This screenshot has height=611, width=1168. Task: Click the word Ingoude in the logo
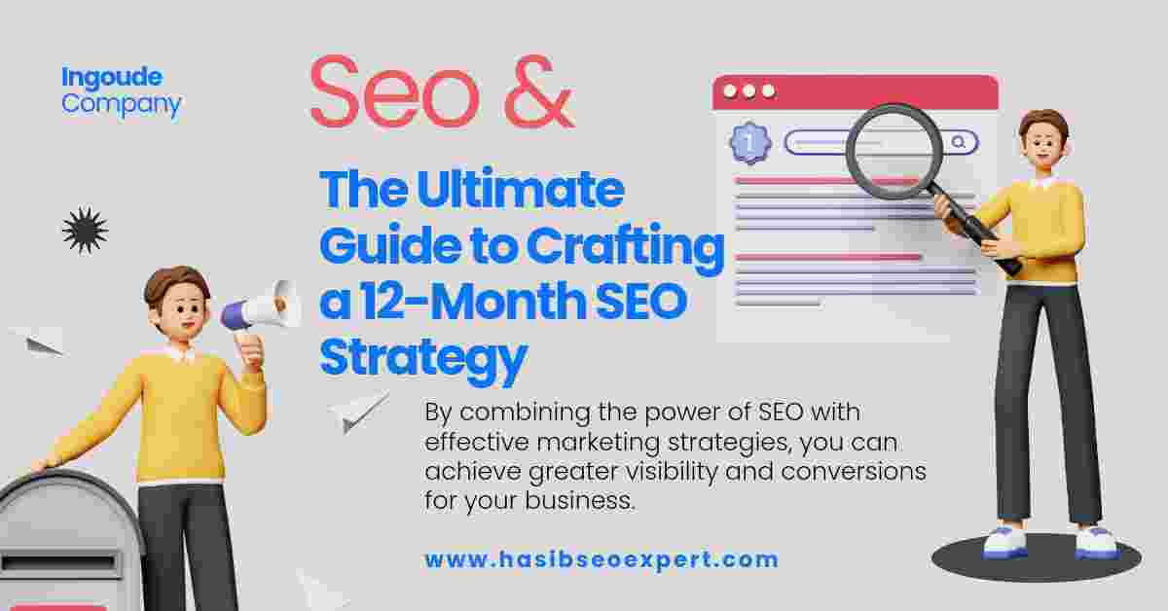pos(112,78)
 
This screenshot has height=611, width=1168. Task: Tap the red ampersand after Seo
pos(539,91)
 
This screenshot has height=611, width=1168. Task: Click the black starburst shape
pos(85,231)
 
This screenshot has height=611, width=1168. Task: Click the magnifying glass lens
pos(894,151)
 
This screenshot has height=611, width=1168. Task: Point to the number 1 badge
pos(750,142)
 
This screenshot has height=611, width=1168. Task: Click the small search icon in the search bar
pos(958,142)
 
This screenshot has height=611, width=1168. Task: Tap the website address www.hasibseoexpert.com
pos(602,559)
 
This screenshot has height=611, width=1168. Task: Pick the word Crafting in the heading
pos(625,247)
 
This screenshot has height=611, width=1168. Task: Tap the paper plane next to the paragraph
pos(359,412)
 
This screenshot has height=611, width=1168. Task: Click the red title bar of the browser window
pos(856,91)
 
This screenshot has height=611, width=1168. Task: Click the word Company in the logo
pos(121,105)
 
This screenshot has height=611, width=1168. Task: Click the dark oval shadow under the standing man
pos(1036,558)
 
